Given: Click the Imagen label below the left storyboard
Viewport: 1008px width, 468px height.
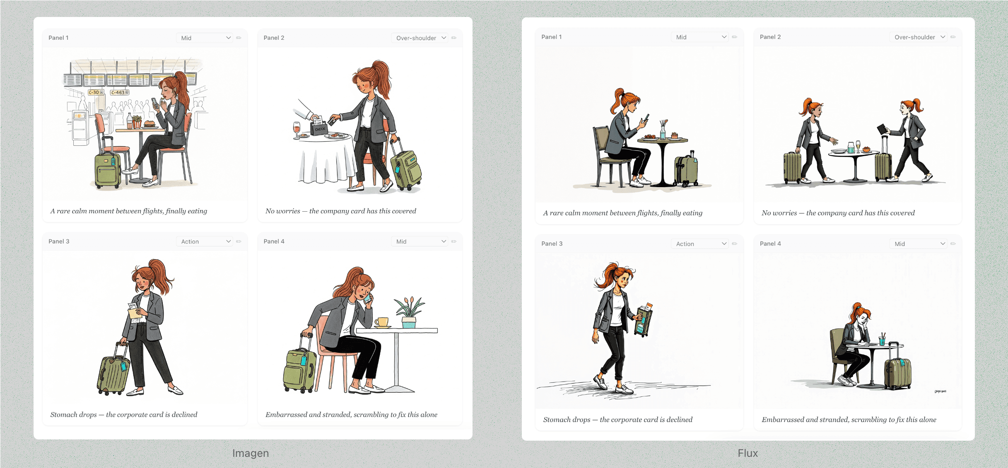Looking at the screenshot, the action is [x=251, y=453].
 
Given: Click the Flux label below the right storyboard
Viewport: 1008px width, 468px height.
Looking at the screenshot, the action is [x=748, y=453].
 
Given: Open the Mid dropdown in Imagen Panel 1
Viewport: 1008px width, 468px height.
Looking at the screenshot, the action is [x=205, y=38].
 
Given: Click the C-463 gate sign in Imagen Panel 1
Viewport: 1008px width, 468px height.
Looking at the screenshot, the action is [x=120, y=92].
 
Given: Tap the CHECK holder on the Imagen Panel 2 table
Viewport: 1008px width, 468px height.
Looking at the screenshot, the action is [x=319, y=126].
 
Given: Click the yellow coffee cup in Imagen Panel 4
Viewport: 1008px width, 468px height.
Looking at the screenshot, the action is [x=382, y=322].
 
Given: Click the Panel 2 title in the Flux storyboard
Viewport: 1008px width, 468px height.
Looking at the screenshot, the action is [x=770, y=37].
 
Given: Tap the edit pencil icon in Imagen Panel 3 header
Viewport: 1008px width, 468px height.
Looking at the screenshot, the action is [x=239, y=241].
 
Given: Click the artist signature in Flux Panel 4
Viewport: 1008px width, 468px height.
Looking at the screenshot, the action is [x=940, y=391].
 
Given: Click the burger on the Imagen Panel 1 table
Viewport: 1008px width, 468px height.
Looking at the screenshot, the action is [x=149, y=124].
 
